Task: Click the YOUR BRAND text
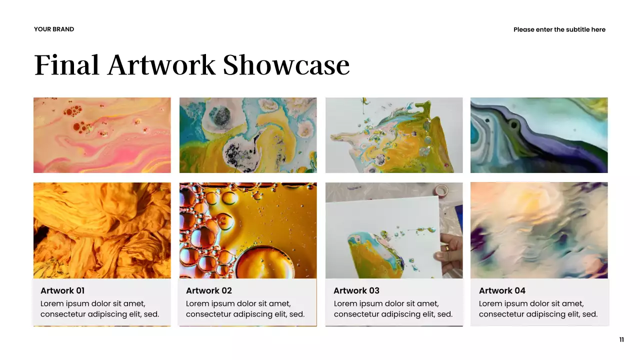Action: [54, 29]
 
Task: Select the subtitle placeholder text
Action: [559, 30]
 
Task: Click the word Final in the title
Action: [66, 65]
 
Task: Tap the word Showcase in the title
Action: [286, 65]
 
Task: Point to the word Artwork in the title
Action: [161, 65]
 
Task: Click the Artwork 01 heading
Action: [62, 291]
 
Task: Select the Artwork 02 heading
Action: [208, 291]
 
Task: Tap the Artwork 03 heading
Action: [356, 291]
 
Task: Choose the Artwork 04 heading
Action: [502, 291]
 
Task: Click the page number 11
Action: [621, 340]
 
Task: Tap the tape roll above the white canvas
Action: [441, 190]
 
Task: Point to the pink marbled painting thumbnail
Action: [102, 135]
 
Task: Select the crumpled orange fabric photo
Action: [102, 230]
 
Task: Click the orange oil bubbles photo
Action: [247, 230]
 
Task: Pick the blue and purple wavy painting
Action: [539, 135]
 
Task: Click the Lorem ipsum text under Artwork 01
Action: [99, 309]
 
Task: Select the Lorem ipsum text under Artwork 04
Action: [538, 309]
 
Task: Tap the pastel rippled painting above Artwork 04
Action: [539, 230]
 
